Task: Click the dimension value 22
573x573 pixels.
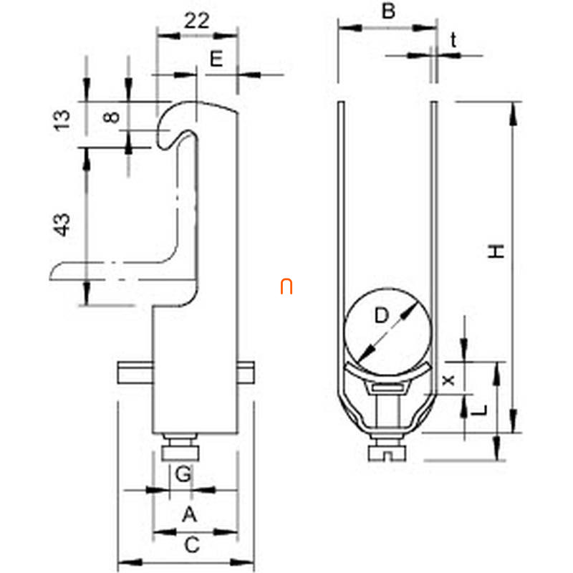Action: point(196,21)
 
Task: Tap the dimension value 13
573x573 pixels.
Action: point(62,120)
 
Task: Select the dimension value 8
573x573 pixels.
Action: point(112,117)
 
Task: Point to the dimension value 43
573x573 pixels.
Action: point(62,224)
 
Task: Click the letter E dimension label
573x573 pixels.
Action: point(216,59)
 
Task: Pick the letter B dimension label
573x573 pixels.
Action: point(388,11)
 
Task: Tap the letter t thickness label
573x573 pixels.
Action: point(453,40)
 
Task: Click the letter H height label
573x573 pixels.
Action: point(496,251)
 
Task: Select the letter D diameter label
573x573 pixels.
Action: point(382,315)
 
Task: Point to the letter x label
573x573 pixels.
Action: point(448,380)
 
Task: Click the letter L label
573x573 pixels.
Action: point(479,410)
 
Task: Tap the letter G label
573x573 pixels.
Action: point(183,474)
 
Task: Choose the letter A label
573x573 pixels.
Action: point(190,514)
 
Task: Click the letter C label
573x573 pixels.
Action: point(192,544)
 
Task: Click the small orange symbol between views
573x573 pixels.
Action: point(286,286)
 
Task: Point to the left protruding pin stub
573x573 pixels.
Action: point(135,372)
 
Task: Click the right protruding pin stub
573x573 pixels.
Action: point(246,372)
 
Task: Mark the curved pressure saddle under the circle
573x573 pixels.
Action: point(387,372)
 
